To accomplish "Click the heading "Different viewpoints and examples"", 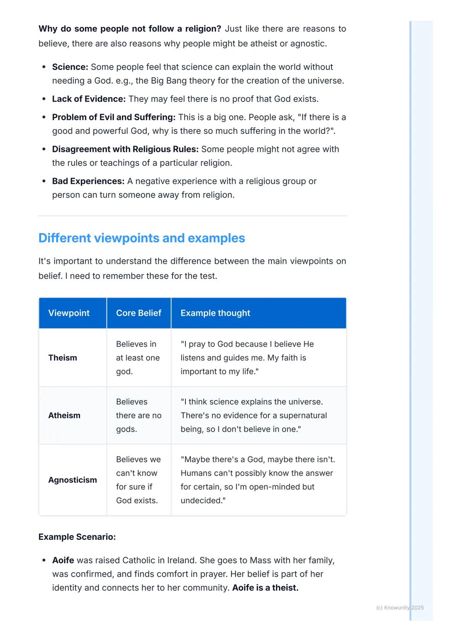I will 141,238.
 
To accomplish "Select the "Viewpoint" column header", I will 69,313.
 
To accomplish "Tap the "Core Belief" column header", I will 138,313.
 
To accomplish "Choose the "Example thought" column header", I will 215,313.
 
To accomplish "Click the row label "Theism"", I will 62,358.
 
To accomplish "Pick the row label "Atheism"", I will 64,415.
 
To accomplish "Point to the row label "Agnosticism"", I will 72,480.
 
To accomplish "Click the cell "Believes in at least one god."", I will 138,358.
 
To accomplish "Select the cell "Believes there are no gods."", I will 138,415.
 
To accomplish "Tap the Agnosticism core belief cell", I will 138,480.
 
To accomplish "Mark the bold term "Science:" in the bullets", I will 70,67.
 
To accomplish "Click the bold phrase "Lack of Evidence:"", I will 89,99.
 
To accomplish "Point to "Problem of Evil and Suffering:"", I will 114,117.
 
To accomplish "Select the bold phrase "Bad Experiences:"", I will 88,181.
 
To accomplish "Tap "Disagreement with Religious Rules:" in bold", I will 125,149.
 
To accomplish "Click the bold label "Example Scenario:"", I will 77,537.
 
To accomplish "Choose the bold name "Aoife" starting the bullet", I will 63,560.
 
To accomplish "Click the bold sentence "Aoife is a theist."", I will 265,588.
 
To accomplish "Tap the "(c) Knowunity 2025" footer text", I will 400,607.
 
